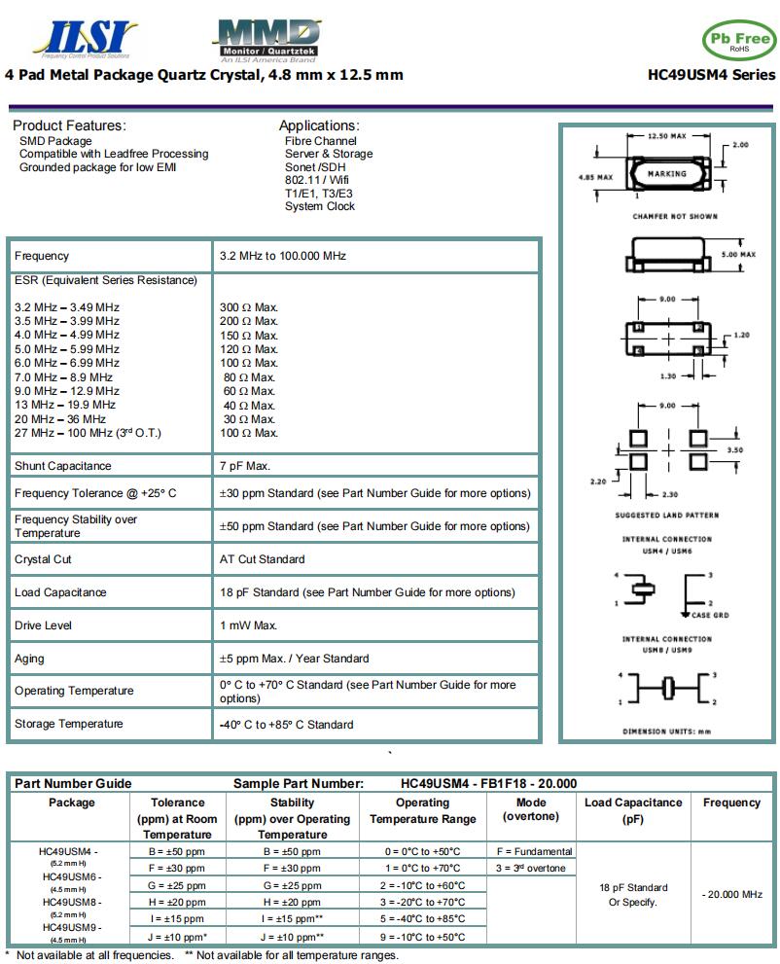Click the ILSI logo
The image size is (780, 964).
[86, 38]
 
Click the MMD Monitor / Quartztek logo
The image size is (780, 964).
[265, 39]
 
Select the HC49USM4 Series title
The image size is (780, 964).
[711, 75]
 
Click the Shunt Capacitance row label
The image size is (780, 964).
[63, 466]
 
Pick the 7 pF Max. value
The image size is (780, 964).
[245, 466]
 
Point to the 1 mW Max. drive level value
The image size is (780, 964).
[249, 625]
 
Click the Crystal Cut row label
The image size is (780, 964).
[43, 559]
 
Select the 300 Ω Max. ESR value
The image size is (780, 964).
[249, 307]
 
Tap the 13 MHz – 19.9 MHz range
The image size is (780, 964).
[65, 405]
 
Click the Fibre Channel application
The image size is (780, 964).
[320, 141]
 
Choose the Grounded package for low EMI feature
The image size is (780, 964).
[97, 167]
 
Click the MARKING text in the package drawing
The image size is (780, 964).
[666, 174]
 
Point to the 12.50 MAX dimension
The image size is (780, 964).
[666, 136]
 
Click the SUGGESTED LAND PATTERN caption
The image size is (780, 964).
[665, 515]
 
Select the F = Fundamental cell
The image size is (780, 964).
[534, 851]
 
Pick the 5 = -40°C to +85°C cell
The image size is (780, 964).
[422, 919]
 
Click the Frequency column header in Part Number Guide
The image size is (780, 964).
[730, 803]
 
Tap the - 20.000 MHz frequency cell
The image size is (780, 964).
[731, 894]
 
